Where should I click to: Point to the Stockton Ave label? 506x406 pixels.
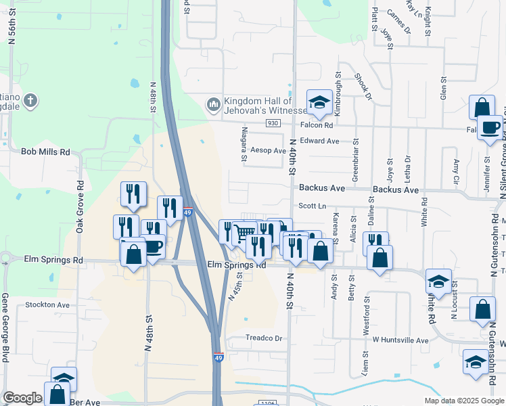47,305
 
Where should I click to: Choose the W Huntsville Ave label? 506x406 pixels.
400,340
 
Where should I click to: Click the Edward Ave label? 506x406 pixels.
320,141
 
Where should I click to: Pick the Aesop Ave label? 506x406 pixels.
269,150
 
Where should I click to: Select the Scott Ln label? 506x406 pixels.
313,206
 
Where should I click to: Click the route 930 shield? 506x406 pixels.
273,123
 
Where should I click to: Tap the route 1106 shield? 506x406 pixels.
266,403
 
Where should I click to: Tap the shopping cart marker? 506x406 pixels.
244,233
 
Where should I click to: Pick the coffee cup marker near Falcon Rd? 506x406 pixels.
490,127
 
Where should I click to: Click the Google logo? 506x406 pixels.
22,399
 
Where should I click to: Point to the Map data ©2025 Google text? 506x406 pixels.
463,401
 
